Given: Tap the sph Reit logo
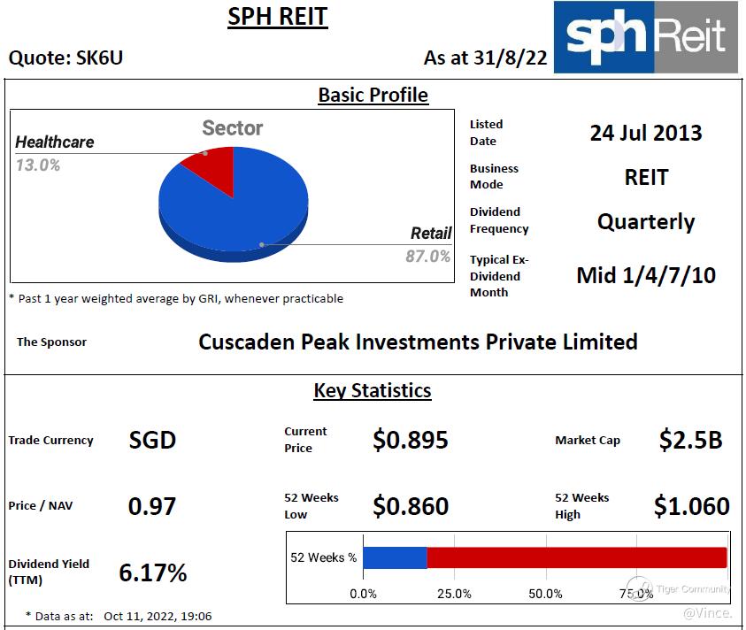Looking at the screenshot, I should point(645,37).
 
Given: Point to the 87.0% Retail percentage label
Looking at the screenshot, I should point(428,257).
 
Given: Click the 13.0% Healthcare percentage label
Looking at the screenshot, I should point(38,165).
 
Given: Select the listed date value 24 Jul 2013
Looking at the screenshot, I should point(646,133).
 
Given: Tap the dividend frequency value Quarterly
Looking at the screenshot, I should point(646,221).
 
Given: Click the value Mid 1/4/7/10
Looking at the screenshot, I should point(646,275).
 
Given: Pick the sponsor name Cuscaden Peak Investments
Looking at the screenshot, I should point(418,342).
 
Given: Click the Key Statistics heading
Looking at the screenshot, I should point(373,390).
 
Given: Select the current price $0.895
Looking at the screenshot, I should point(411,440).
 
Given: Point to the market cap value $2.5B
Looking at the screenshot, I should point(690,440).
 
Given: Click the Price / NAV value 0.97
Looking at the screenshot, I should point(152,506).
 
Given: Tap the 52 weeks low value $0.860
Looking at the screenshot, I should point(411,506).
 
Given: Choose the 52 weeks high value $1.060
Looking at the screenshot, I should point(691,506).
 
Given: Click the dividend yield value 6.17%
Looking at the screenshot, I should point(153,572).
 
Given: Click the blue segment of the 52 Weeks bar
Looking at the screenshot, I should point(395,557).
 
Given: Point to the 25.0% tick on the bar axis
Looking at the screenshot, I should point(454,594).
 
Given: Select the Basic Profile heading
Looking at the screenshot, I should point(373,96).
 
